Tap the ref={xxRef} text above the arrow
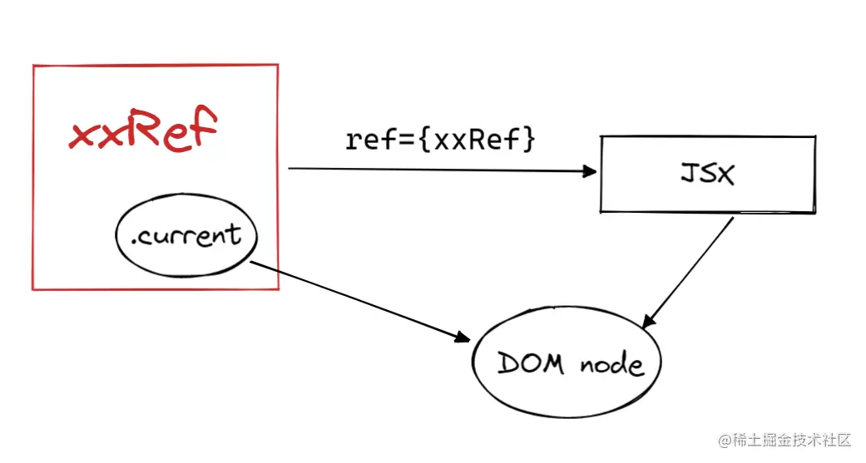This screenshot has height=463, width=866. [440, 140]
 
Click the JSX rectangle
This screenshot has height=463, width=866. [706, 174]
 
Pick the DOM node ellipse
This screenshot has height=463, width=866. [569, 364]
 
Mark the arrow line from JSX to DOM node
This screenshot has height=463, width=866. [690, 271]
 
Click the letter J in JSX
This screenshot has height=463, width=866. [688, 174]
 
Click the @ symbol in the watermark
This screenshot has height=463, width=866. [724, 440]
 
